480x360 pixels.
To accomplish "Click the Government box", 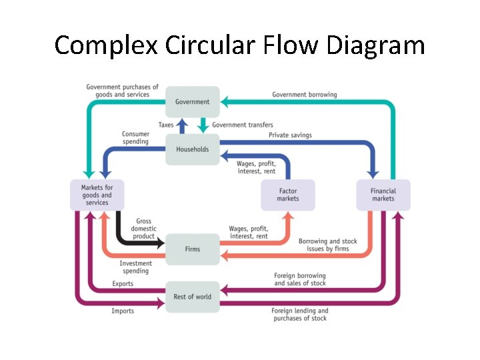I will click(192, 102).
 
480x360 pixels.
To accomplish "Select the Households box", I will click(192, 149).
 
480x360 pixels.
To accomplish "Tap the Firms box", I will click(192, 249).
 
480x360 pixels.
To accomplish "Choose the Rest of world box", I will click(192, 297).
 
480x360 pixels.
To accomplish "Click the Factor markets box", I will click(288, 195).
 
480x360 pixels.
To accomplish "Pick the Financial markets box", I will click(383, 195).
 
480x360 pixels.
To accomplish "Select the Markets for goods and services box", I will click(97, 195).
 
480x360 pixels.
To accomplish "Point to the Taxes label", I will click(166, 125).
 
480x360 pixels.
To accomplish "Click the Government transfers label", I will click(243, 125).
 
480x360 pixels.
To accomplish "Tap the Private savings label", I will click(290, 135).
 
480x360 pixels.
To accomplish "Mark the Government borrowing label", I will click(304, 95).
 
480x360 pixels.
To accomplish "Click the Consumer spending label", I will click(135, 138).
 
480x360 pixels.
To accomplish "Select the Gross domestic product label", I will click(143, 229).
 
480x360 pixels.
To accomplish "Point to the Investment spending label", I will click(136, 267).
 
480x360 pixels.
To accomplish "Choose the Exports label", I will click(123, 284).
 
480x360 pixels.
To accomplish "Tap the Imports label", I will click(123, 311).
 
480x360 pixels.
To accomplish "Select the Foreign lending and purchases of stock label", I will click(300, 315).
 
